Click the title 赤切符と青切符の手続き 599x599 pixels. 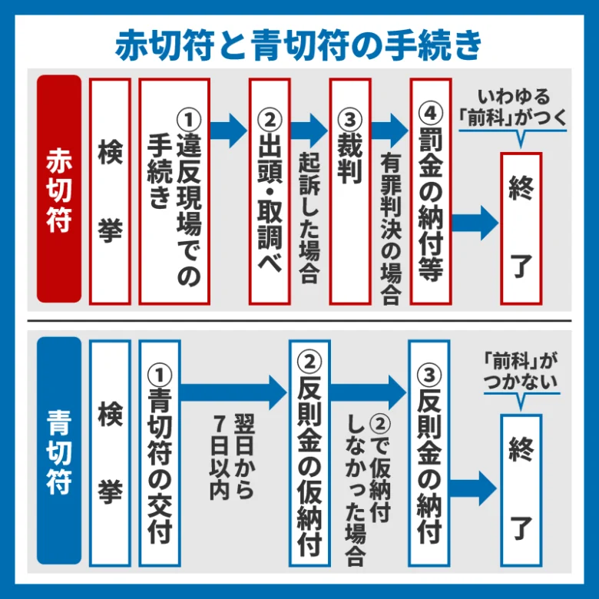[299, 44]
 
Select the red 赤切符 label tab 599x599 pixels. [58, 189]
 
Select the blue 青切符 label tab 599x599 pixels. [58, 452]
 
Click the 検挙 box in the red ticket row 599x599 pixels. [110, 191]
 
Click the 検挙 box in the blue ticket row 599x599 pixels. [110, 453]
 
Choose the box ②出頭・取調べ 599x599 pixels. [270, 191]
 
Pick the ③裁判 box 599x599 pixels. [350, 191]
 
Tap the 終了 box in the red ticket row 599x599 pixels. [521, 227]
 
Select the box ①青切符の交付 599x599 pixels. [160, 453]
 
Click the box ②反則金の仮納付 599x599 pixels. [309, 453]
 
